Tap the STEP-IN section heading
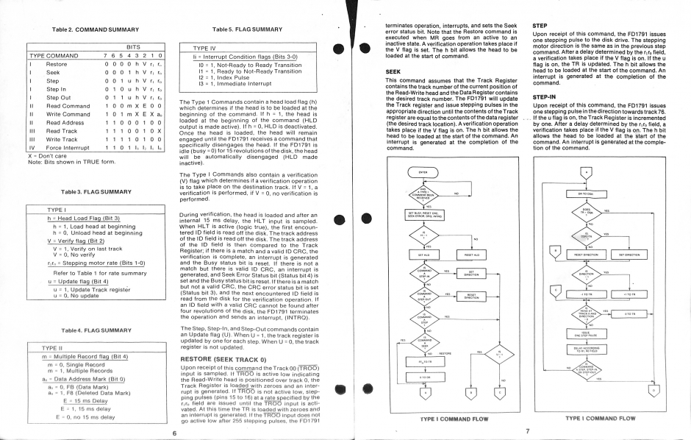[545, 95]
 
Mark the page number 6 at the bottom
[173, 433]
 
